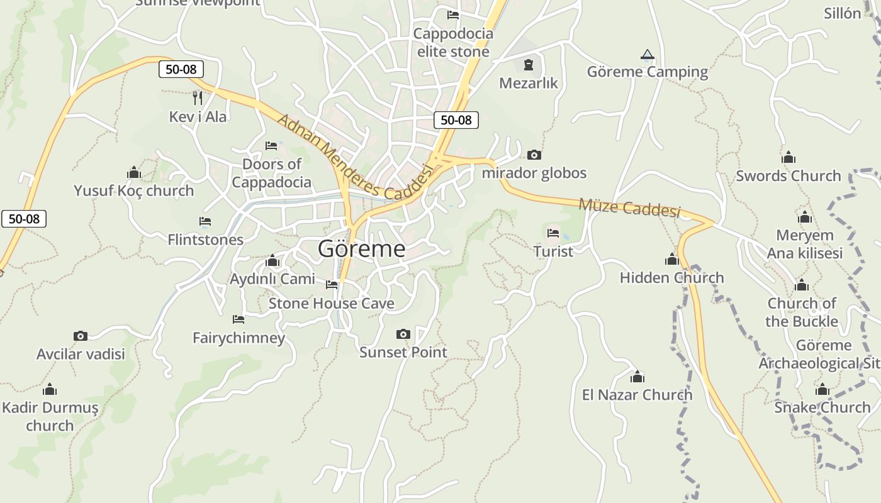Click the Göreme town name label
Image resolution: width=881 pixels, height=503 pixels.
(x=361, y=249)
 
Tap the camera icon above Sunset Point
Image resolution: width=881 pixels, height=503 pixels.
(x=403, y=334)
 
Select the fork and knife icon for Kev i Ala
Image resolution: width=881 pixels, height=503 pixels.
(x=198, y=97)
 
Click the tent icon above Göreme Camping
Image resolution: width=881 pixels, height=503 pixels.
(x=647, y=55)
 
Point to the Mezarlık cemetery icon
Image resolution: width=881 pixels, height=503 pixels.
(x=528, y=64)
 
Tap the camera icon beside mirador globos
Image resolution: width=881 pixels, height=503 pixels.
(x=534, y=155)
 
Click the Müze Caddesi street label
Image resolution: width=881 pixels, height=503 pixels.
(x=629, y=207)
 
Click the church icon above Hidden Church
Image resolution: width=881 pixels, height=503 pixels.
(x=671, y=259)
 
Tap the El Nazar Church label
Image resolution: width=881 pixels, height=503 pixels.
(x=637, y=395)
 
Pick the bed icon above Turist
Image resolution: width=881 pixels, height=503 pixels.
(x=553, y=233)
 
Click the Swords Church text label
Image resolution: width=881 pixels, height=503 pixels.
(x=788, y=175)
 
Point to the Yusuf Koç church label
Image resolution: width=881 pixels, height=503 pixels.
(x=133, y=191)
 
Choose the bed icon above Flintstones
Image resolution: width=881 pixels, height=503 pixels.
(x=205, y=221)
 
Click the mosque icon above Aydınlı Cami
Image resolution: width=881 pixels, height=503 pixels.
(x=272, y=260)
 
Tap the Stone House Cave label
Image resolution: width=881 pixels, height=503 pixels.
(x=332, y=304)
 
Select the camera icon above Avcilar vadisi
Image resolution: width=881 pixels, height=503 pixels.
(x=80, y=336)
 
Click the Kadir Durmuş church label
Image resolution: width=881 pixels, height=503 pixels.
(x=50, y=416)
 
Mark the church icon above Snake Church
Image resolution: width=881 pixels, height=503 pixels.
(x=822, y=389)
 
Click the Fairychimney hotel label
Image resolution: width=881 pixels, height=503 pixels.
(x=238, y=338)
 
